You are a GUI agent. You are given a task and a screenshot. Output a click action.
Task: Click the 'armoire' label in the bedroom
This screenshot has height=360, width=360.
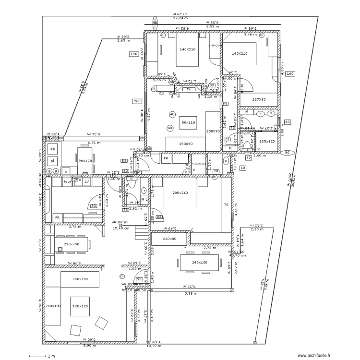coord(216,46)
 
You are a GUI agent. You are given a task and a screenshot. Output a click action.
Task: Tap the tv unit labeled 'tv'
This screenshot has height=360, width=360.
coord(189,89)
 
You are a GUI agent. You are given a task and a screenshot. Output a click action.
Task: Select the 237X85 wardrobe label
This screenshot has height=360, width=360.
coord(259,99)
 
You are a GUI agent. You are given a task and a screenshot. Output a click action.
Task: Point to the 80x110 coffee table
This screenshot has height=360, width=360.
coord(188,122)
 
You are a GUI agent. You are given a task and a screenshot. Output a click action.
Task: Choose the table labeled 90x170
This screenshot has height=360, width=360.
coord(85,160)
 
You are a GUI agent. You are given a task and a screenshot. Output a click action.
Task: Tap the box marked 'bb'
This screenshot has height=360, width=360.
coord(52,149)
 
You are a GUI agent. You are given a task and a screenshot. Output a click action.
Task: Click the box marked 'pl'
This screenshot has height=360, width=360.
coord(52,160)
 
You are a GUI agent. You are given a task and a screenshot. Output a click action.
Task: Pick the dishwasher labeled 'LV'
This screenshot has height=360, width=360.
coord(86,182)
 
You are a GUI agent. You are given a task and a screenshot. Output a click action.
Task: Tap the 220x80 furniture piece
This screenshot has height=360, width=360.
coord(169,239)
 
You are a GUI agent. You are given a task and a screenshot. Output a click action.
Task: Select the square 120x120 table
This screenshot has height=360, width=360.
coord(80,305)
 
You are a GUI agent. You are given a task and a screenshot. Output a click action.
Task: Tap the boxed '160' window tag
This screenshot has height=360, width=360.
coord(289,74)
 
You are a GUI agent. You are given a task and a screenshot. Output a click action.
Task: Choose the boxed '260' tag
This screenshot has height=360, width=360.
coord(137,101)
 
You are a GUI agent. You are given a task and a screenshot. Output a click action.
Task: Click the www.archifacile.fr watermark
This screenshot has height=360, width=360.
coord(314,356)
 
